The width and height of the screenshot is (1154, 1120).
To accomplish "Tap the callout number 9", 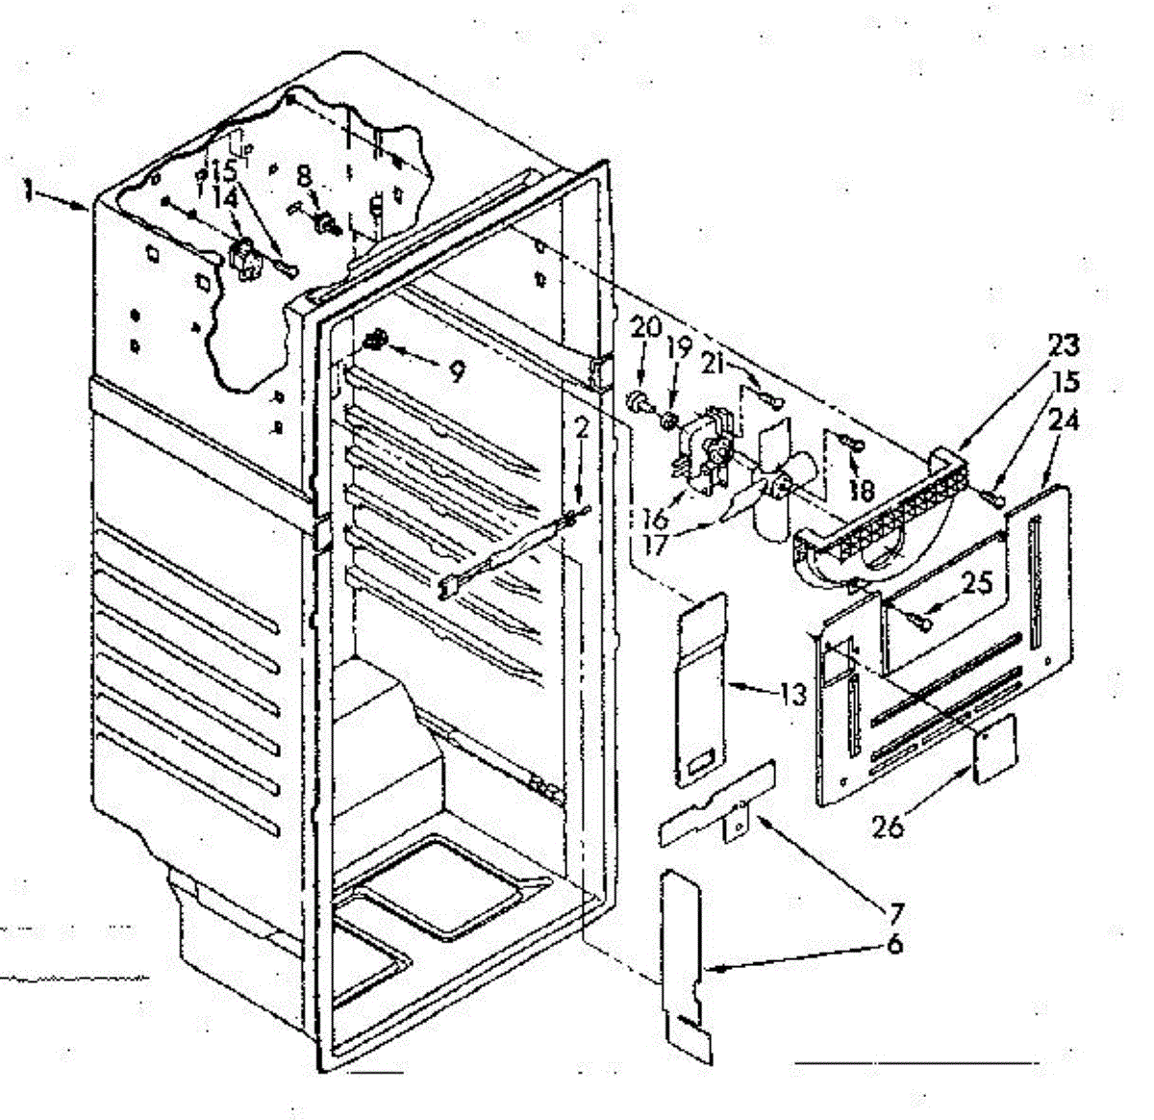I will [456, 370].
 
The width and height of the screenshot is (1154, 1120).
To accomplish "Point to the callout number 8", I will [304, 176].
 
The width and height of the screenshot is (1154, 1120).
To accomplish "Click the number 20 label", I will [645, 328].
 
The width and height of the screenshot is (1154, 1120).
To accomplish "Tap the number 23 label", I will [1064, 344].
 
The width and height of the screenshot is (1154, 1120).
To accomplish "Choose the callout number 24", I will [1065, 420].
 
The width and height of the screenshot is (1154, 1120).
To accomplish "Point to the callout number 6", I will [895, 944].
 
